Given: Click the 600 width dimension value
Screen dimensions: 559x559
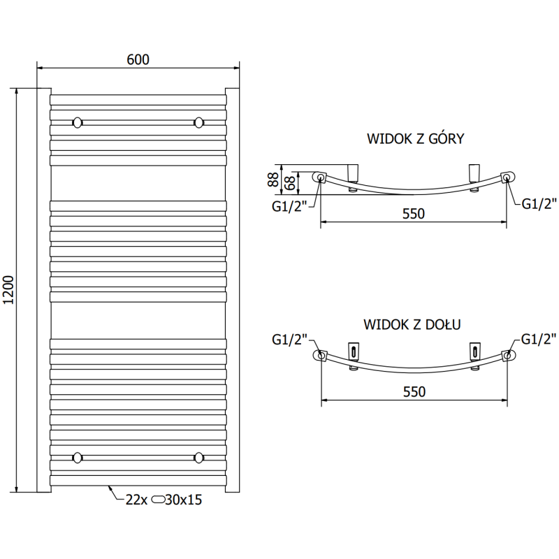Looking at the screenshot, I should pyautogui.click(x=138, y=60).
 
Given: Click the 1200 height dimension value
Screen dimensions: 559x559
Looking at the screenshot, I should pyautogui.click(x=8, y=289).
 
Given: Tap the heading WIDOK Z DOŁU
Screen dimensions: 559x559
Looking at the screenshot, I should pyautogui.click(x=411, y=324).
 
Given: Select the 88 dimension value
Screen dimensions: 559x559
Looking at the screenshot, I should pyautogui.click(x=272, y=180).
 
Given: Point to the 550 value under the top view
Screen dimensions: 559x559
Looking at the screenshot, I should pyautogui.click(x=414, y=214).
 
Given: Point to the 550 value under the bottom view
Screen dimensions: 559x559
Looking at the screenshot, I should pyautogui.click(x=414, y=392).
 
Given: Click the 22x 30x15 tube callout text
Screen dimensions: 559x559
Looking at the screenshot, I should pyautogui.click(x=164, y=500).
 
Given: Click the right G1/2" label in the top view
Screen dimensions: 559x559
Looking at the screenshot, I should pyautogui.click(x=539, y=204).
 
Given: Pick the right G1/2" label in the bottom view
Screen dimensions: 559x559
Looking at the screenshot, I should pyautogui.click(x=539, y=340).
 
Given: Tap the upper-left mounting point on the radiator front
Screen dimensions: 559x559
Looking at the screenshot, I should pyautogui.click(x=77, y=122).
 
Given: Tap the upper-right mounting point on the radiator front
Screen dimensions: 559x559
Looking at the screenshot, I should pyautogui.click(x=200, y=122).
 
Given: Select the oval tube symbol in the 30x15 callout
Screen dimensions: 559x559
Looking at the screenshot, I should pyautogui.click(x=159, y=500).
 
